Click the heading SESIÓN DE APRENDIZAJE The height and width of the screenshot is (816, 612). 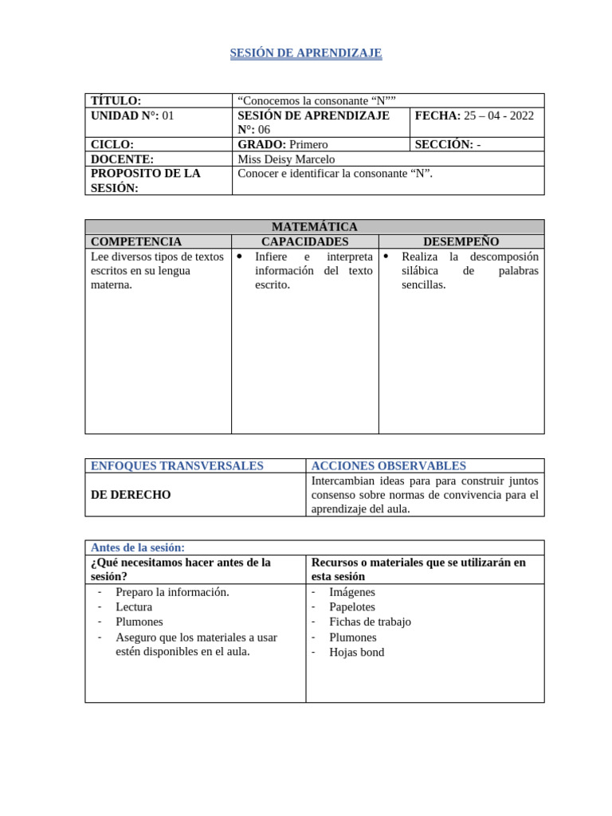tap(306, 53)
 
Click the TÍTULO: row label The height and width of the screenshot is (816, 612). tap(116, 100)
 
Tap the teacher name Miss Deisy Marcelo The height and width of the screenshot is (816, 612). tap(286, 159)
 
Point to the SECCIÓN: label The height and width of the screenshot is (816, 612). tap(442, 144)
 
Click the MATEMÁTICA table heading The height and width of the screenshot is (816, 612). tap(314, 227)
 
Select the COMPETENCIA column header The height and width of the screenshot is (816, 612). tap(136, 241)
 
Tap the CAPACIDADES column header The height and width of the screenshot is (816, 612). tap(304, 241)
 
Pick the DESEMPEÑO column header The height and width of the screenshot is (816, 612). tap(461, 241)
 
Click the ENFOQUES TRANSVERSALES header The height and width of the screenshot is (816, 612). tap(177, 465)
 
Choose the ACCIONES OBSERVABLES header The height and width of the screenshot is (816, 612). tap(389, 465)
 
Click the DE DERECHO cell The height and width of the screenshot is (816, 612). tap(131, 495)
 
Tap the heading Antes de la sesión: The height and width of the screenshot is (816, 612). tap(138, 547)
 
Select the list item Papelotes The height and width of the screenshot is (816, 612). tap(351, 607)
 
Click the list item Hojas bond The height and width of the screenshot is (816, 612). tap(356, 652)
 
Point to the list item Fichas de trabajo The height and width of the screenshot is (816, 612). tap(370, 622)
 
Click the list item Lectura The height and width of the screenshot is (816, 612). tap(133, 607)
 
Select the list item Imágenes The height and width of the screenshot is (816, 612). tap(351, 592)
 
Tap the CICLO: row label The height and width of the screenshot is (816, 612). tap(112, 144)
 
